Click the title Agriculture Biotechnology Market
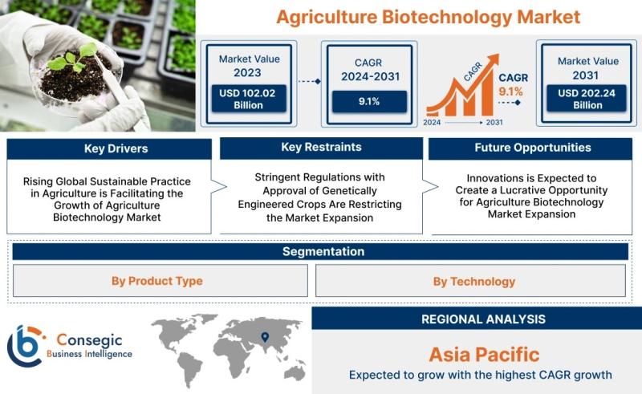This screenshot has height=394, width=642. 429,17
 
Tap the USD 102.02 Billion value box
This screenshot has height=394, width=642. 249,99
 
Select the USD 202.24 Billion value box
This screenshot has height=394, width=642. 587,99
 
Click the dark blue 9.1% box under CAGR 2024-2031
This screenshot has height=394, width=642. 369,102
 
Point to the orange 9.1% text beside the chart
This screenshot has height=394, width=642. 510,91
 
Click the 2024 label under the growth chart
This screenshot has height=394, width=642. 432,123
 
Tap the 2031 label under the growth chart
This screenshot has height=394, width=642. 494,123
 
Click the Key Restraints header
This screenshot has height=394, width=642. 322,148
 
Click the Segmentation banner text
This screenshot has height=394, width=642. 323,251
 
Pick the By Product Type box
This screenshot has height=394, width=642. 160,281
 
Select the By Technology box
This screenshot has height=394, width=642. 470,281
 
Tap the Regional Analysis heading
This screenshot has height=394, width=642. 484,319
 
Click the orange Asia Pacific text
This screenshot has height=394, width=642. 484,355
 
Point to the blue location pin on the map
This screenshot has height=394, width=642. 266,337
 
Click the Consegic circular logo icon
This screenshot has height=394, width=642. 26,346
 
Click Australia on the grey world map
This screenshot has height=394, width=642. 295,373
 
